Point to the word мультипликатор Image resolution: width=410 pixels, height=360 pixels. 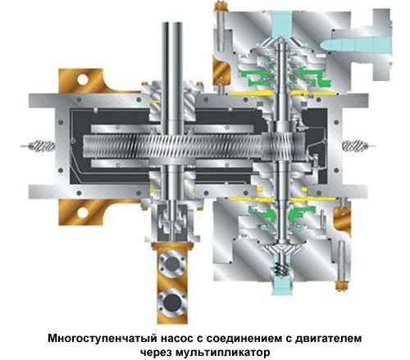click(x=222, y=352)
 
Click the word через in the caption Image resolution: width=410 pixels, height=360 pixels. click(x=156, y=352)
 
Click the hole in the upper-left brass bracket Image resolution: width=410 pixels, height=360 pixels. click(x=83, y=80)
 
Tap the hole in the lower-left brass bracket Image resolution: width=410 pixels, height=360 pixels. click(x=83, y=212)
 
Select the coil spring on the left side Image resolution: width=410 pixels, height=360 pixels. click(x=42, y=146)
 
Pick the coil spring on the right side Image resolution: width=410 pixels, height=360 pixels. click(x=354, y=145)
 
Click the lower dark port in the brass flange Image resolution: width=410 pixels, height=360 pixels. click(x=172, y=302)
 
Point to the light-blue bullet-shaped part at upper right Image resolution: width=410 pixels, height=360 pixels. click(x=356, y=44)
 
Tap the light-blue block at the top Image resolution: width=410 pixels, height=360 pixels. click(x=282, y=24)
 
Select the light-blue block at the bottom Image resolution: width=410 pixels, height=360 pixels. click(x=281, y=285)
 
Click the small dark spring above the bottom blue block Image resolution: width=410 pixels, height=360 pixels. click(x=281, y=269)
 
